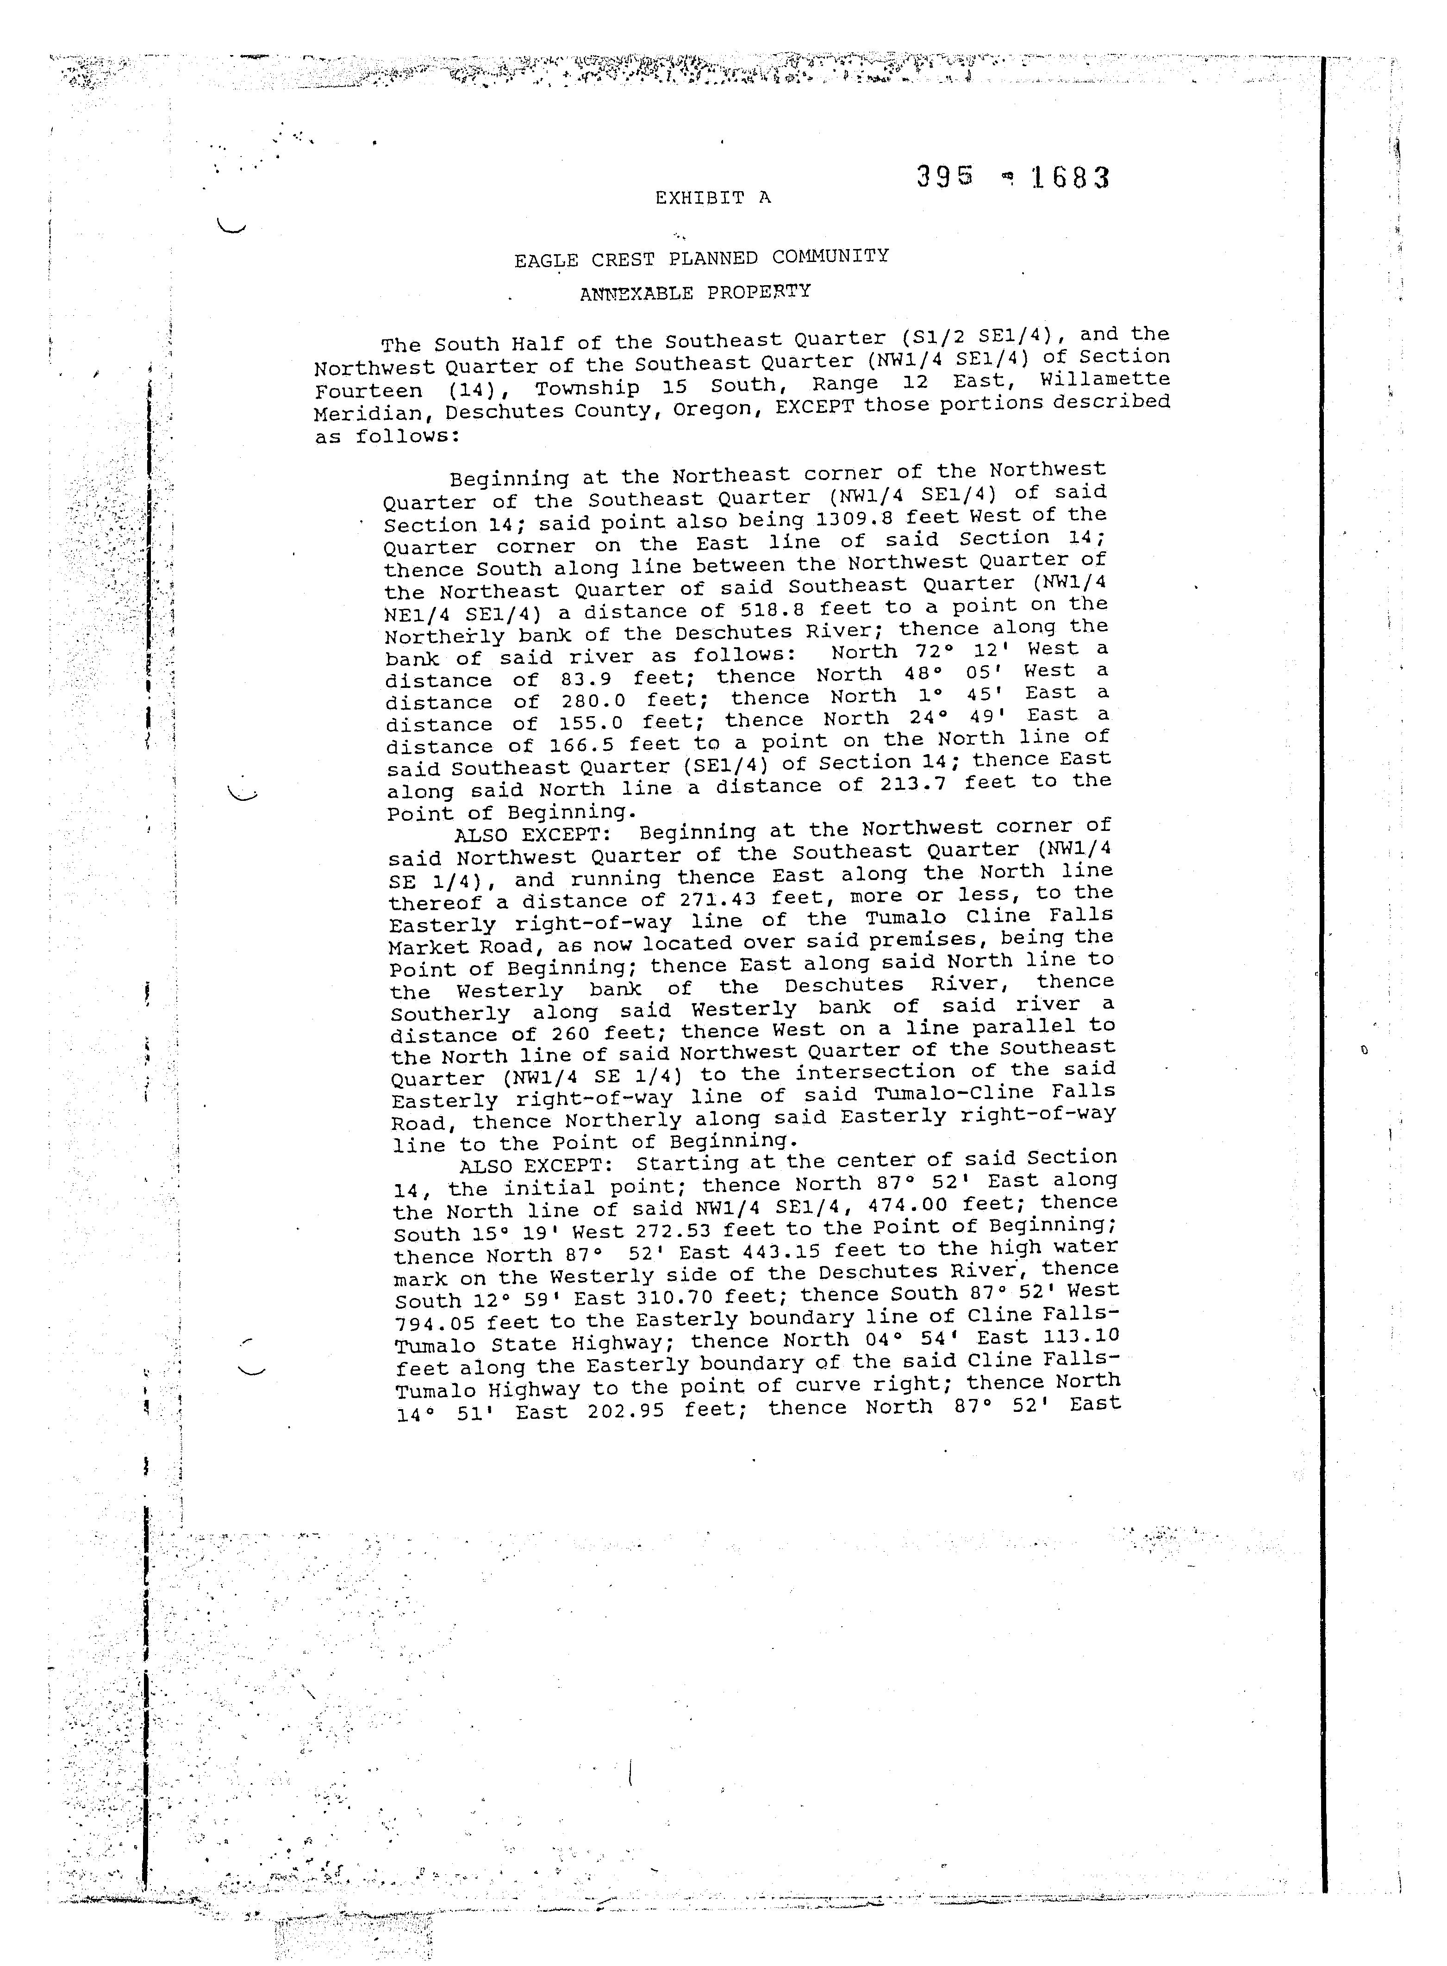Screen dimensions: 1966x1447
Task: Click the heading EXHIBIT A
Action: pyautogui.click(x=713, y=198)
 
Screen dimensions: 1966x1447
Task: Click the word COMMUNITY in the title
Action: pyautogui.click(x=830, y=256)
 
